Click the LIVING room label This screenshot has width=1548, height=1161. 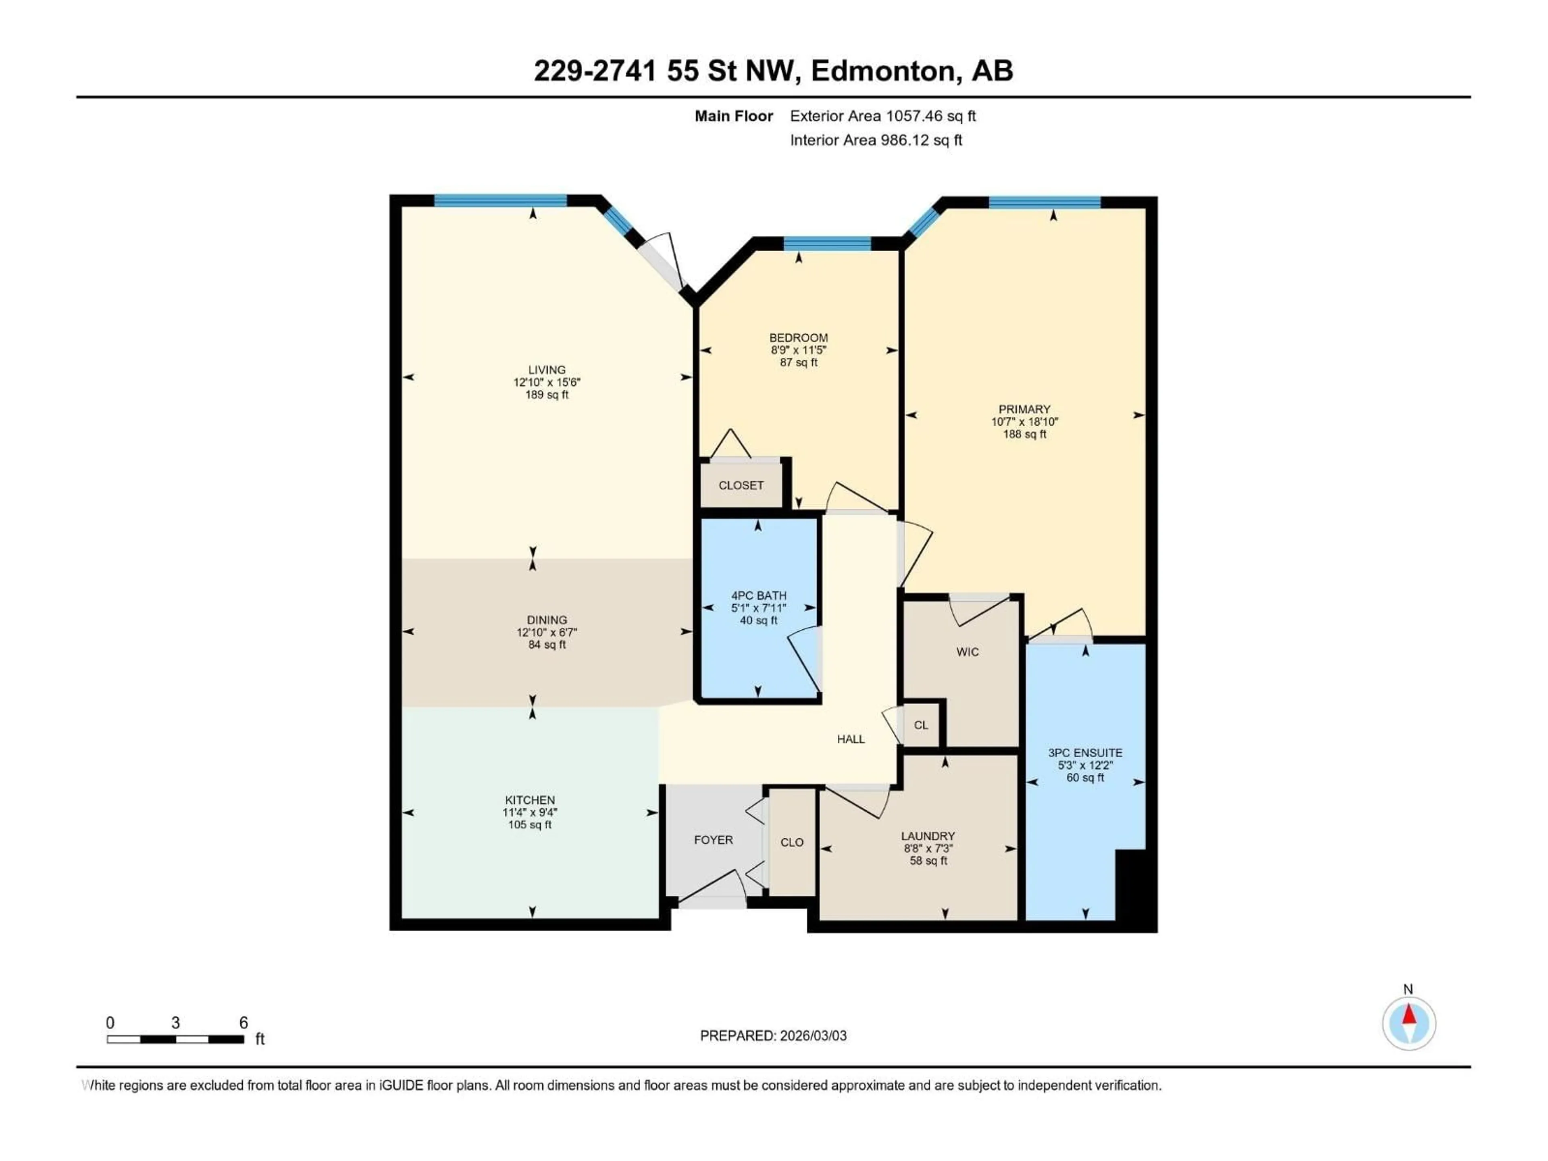pyautogui.click(x=547, y=370)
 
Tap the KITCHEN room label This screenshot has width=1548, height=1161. pyautogui.click(x=530, y=800)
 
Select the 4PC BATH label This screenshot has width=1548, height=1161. pyautogui.click(x=759, y=595)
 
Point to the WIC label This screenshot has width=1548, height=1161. pyautogui.click(x=967, y=652)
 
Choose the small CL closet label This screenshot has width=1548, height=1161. pyautogui.click(x=921, y=725)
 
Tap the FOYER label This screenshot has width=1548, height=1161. pyautogui.click(x=713, y=840)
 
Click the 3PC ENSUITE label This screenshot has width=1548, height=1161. pyautogui.click(x=1085, y=753)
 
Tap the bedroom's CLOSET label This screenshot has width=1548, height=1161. pyautogui.click(x=741, y=485)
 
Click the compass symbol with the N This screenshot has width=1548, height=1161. pyautogui.click(x=1409, y=1023)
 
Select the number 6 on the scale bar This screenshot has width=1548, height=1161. pyautogui.click(x=243, y=1022)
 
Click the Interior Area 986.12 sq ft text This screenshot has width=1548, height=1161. pyautogui.click(x=876, y=140)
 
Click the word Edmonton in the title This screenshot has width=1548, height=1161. pyautogui.click(x=883, y=71)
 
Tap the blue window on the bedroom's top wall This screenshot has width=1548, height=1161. pyautogui.click(x=826, y=243)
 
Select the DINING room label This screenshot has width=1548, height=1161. pyautogui.click(x=547, y=620)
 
